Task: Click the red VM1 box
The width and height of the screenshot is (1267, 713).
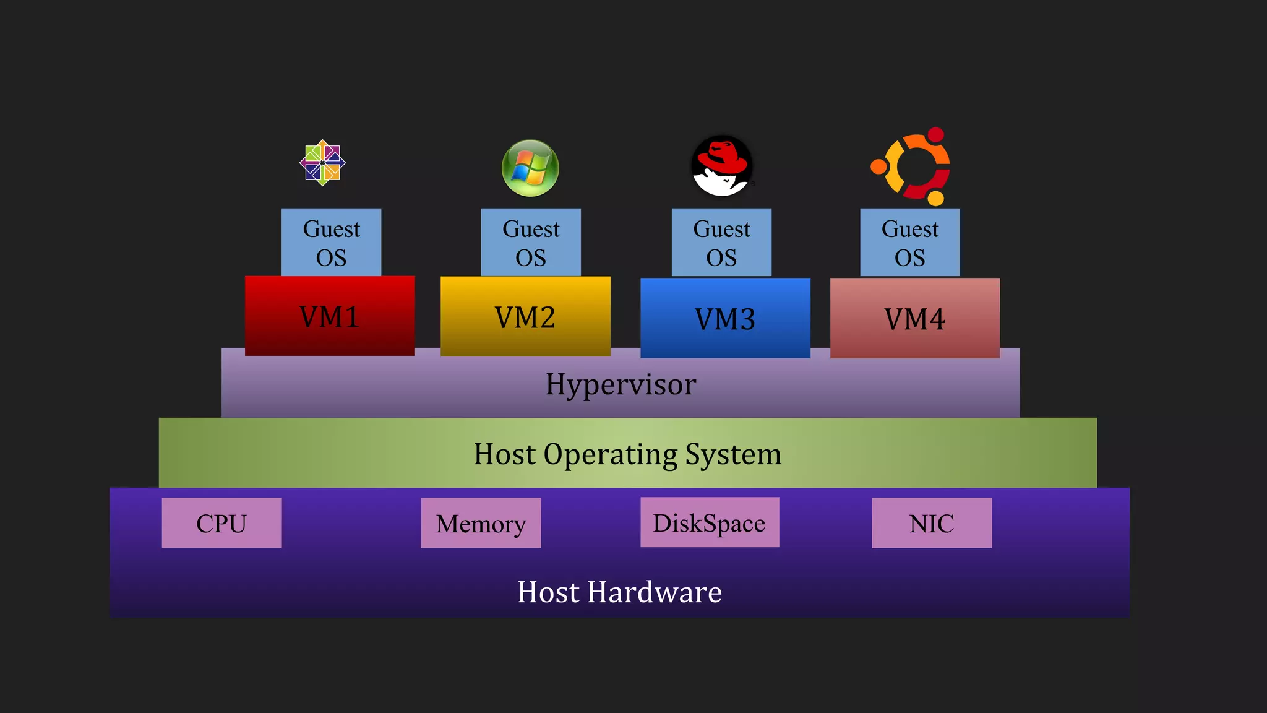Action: (330, 316)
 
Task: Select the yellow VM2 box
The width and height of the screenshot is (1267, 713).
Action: (525, 317)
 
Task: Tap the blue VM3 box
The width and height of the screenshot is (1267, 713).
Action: (725, 319)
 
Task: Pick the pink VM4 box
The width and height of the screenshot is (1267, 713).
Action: (914, 319)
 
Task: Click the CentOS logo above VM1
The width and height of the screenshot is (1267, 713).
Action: (322, 163)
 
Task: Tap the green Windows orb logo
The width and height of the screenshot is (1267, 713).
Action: (530, 168)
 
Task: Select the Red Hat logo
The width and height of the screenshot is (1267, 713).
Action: (721, 166)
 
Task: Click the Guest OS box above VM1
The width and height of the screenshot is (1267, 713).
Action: (331, 243)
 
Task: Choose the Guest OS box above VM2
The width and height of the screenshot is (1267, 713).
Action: (531, 243)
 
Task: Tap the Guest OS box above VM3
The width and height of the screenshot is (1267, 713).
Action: (721, 243)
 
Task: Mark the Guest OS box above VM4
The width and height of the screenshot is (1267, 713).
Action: (910, 243)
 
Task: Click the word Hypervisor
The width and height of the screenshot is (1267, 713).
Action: (621, 384)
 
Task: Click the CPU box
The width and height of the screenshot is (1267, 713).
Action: (221, 523)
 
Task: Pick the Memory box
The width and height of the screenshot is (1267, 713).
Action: (481, 523)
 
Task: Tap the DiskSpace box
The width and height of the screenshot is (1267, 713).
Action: (710, 522)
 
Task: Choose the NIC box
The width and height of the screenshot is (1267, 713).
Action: (932, 523)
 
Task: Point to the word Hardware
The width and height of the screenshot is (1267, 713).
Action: (655, 592)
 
